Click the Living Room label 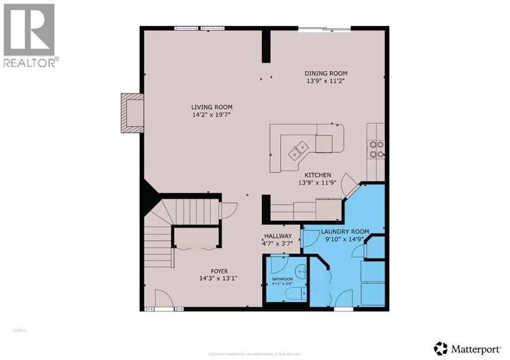pyautogui.click(x=212, y=107)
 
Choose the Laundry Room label pyautogui.click(x=345, y=232)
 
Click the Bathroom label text pyautogui.click(x=282, y=279)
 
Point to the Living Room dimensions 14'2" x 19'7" pyautogui.click(x=212, y=115)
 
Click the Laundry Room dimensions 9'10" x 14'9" pyautogui.click(x=345, y=239)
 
